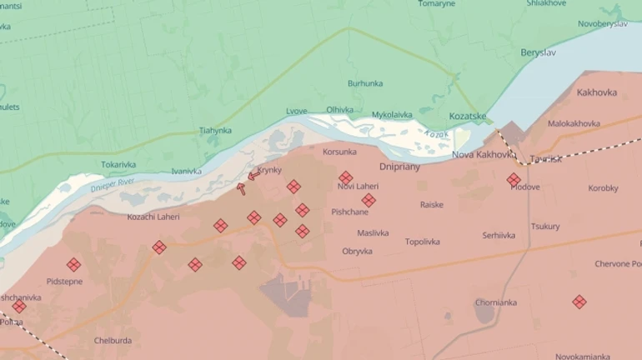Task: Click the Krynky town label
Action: pyautogui.click(x=269, y=170)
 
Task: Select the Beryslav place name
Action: pyautogui.click(x=539, y=52)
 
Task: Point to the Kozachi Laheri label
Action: pyautogui.click(x=153, y=217)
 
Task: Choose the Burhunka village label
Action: pyautogui.click(x=365, y=83)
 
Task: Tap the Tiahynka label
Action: pyautogui.click(x=215, y=131)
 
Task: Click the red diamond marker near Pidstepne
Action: pyautogui.click(x=73, y=264)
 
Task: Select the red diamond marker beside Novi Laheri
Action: pyautogui.click(x=345, y=177)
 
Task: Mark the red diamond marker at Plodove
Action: pyautogui.click(x=514, y=179)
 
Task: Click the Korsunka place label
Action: pyautogui.click(x=339, y=152)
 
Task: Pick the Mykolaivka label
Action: pyautogui.click(x=392, y=113)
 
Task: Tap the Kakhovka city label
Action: pyautogui.click(x=596, y=92)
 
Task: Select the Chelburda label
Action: pyautogui.click(x=113, y=340)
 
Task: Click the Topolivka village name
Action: pyautogui.click(x=422, y=242)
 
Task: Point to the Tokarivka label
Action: pyautogui.click(x=118, y=164)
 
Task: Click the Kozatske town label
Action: pyautogui.click(x=468, y=116)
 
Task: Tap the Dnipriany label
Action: pyautogui.click(x=400, y=167)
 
